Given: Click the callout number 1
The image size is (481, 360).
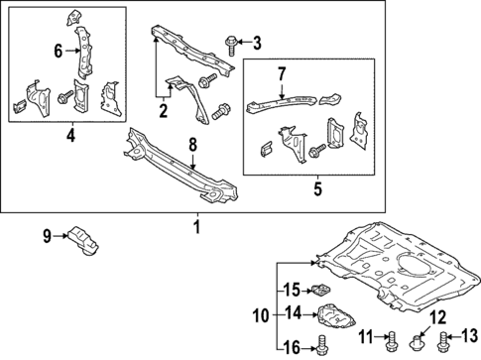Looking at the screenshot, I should tap(195, 227).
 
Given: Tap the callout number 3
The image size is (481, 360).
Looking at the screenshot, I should tap(256, 42).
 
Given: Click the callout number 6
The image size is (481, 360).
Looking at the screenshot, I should tap(58, 51).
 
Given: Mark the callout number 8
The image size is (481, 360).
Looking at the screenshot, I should tap(193, 145).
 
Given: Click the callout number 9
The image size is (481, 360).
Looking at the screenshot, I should tap(46, 235).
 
